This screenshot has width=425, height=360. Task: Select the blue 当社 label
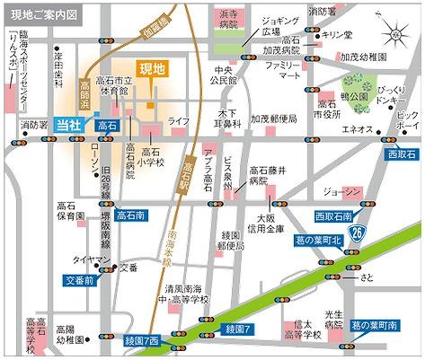(x=69, y=125)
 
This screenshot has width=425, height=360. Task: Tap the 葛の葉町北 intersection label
(x=331, y=240)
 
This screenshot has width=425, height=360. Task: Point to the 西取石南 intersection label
(x=338, y=216)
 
